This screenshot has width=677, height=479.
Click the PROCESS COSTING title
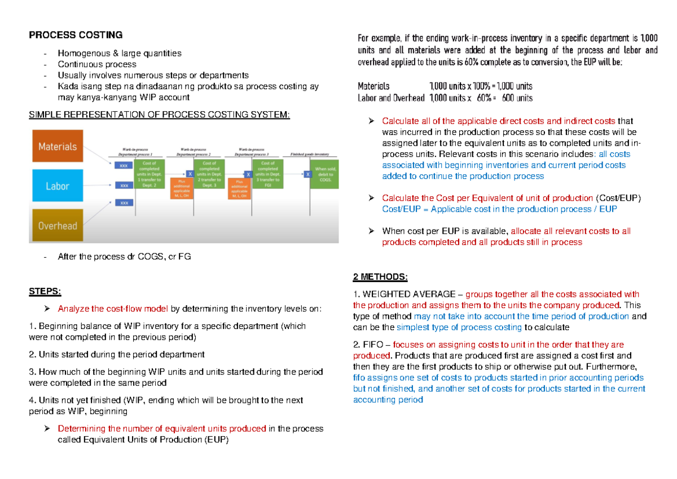pos(76,35)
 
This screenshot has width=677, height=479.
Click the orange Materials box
pos(57,146)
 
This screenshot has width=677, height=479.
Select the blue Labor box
pos(57,186)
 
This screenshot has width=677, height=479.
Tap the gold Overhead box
pos(57,226)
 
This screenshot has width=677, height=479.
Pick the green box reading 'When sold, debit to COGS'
pos(324,173)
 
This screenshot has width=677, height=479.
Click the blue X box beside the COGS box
pos(307,174)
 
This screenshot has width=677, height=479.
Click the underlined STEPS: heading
pos(44,291)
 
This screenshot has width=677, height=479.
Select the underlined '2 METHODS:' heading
pos(380,277)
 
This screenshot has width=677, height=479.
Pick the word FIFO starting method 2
pos(372,345)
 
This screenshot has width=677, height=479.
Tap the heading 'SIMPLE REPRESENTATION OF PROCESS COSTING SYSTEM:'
pos(160,116)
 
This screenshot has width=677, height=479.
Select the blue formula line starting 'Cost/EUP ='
pos(499,209)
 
